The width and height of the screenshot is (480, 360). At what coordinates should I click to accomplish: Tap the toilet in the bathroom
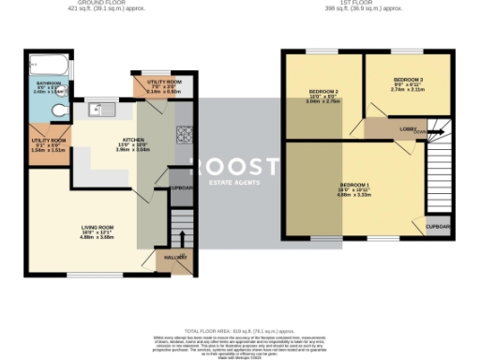(x=59, y=112)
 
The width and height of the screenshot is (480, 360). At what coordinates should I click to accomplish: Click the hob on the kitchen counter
(x=183, y=131)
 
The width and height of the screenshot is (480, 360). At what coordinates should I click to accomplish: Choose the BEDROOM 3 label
(x=408, y=79)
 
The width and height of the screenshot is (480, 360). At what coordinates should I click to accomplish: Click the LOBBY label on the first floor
(x=408, y=129)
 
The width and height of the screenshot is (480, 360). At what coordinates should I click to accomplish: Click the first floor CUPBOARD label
(x=437, y=226)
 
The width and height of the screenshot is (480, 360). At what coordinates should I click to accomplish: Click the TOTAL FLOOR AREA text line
(x=239, y=333)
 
